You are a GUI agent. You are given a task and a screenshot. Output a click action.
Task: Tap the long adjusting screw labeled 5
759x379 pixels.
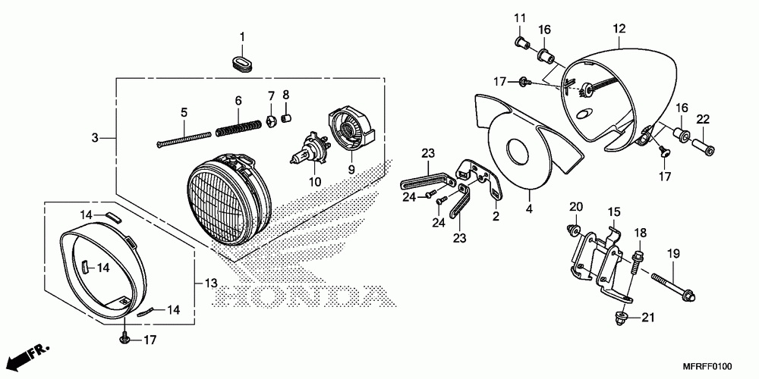[x=184, y=138]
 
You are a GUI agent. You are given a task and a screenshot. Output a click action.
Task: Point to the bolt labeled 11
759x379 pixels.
[x=521, y=43]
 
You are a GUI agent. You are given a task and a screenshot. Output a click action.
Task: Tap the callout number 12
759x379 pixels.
[x=619, y=28]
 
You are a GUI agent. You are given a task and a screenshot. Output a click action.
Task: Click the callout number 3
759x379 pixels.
[x=94, y=138]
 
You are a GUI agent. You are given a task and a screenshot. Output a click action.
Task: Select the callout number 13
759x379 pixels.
[x=211, y=283]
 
